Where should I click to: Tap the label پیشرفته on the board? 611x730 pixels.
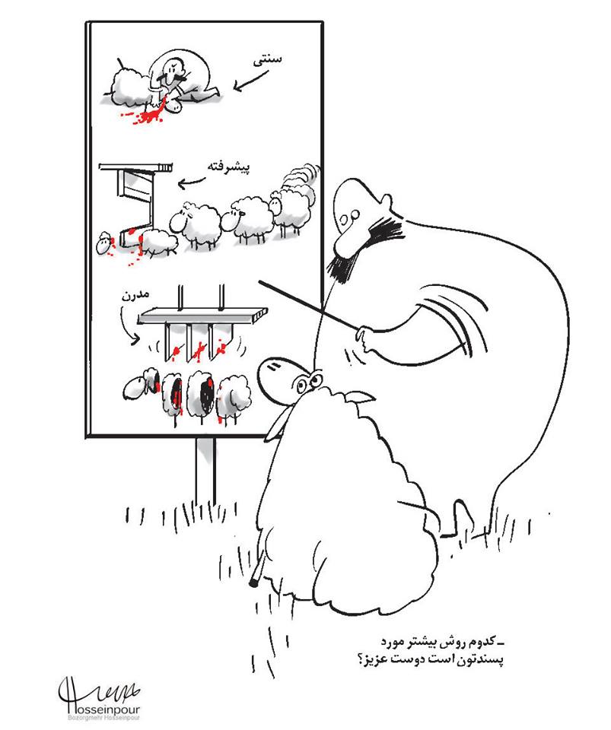tap(229, 167)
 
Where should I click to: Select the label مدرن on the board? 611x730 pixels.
tap(135, 296)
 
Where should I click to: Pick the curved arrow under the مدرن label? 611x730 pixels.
tap(126, 326)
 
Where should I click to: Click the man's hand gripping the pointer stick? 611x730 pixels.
tap(365, 338)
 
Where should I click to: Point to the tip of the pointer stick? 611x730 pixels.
tap(259, 281)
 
